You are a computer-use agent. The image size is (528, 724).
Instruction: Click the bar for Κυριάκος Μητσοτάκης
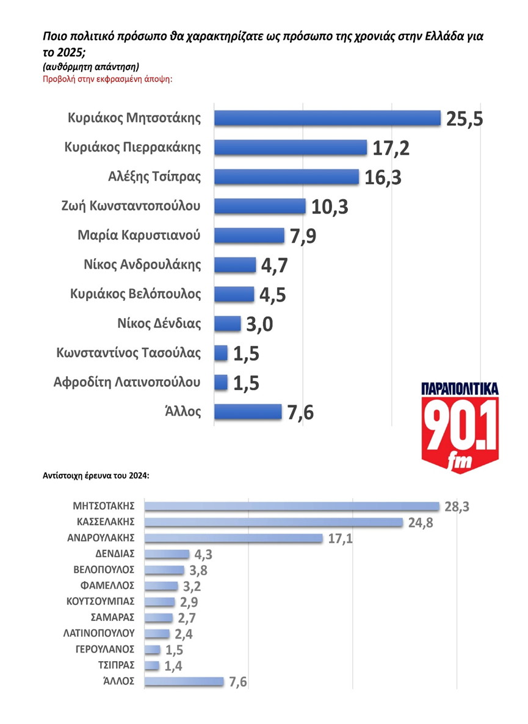click(x=327, y=118)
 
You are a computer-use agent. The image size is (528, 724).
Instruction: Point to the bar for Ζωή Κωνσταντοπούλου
click(x=260, y=206)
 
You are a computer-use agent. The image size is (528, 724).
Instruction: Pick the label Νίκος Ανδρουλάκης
click(x=142, y=265)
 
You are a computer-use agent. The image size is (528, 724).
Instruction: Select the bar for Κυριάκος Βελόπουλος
click(x=234, y=294)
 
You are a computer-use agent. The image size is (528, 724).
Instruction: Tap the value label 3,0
click(x=258, y=324)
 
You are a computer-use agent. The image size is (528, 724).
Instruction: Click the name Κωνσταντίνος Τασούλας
click(x=128, y=353)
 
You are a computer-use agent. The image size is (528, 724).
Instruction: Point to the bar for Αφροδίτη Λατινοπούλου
click(x=221, y=383)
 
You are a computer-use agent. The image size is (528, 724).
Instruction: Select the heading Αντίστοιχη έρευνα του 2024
click(x=96, y=474)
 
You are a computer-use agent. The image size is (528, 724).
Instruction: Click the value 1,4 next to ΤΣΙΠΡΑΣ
click(x=173, y=666)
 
